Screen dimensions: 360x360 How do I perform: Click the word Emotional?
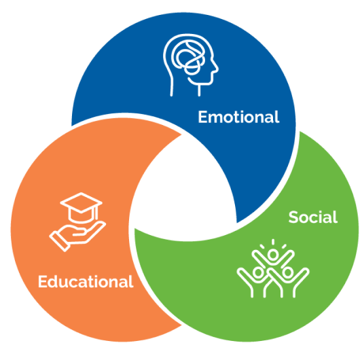coord(238,117)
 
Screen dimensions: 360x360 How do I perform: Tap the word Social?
coord(313,217)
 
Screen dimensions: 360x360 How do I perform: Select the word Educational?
coord(86,281)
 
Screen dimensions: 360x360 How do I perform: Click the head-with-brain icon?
coord(191,65)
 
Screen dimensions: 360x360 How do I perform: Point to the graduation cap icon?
coord(81,207)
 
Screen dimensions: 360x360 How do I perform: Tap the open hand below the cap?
coord(77,236)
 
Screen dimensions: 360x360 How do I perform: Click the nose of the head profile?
coord(216,67)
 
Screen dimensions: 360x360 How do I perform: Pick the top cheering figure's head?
coord(273,255)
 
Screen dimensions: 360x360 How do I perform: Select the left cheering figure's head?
coord(258,272)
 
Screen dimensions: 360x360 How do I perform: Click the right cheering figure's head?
coord(288,272)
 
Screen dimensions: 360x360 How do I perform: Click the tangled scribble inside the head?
coord(188,58)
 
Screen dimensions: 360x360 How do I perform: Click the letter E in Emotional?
coord(202,117)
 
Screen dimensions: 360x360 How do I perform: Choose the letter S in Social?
coord(293,217)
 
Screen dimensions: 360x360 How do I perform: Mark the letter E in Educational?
coord(42,281)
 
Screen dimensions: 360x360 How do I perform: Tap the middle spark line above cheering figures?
coord(273,242)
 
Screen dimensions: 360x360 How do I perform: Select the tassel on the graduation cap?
coord(96,213)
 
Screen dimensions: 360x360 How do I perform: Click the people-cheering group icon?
coord(273,268)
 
